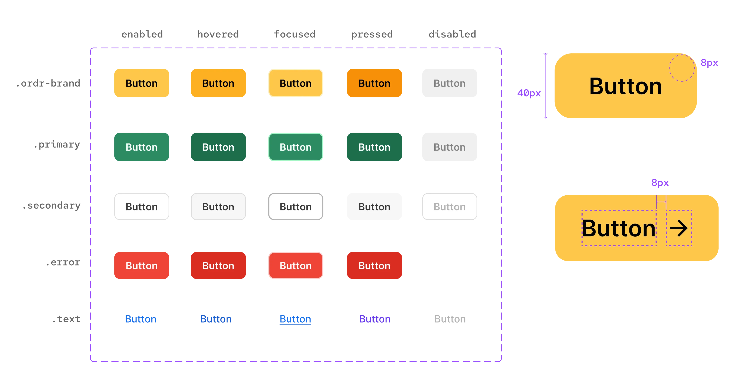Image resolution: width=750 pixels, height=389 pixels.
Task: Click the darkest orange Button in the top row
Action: tap(374, 84)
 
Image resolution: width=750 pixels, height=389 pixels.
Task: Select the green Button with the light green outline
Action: tap(295, 147)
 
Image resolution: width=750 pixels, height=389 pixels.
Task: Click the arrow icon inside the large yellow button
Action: tap(679, 228)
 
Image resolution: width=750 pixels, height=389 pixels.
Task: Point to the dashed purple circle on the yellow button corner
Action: tap(682, 68)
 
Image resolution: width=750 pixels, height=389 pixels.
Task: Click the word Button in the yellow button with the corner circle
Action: tap(625, 87)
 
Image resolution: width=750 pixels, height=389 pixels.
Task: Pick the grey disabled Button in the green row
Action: tap(450, 147)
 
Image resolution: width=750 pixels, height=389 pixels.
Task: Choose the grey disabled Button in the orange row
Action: tap(450, 84)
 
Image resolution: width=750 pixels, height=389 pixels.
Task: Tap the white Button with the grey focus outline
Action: tap(295, 207)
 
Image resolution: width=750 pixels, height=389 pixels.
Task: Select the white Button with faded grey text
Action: tap(450, 207)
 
